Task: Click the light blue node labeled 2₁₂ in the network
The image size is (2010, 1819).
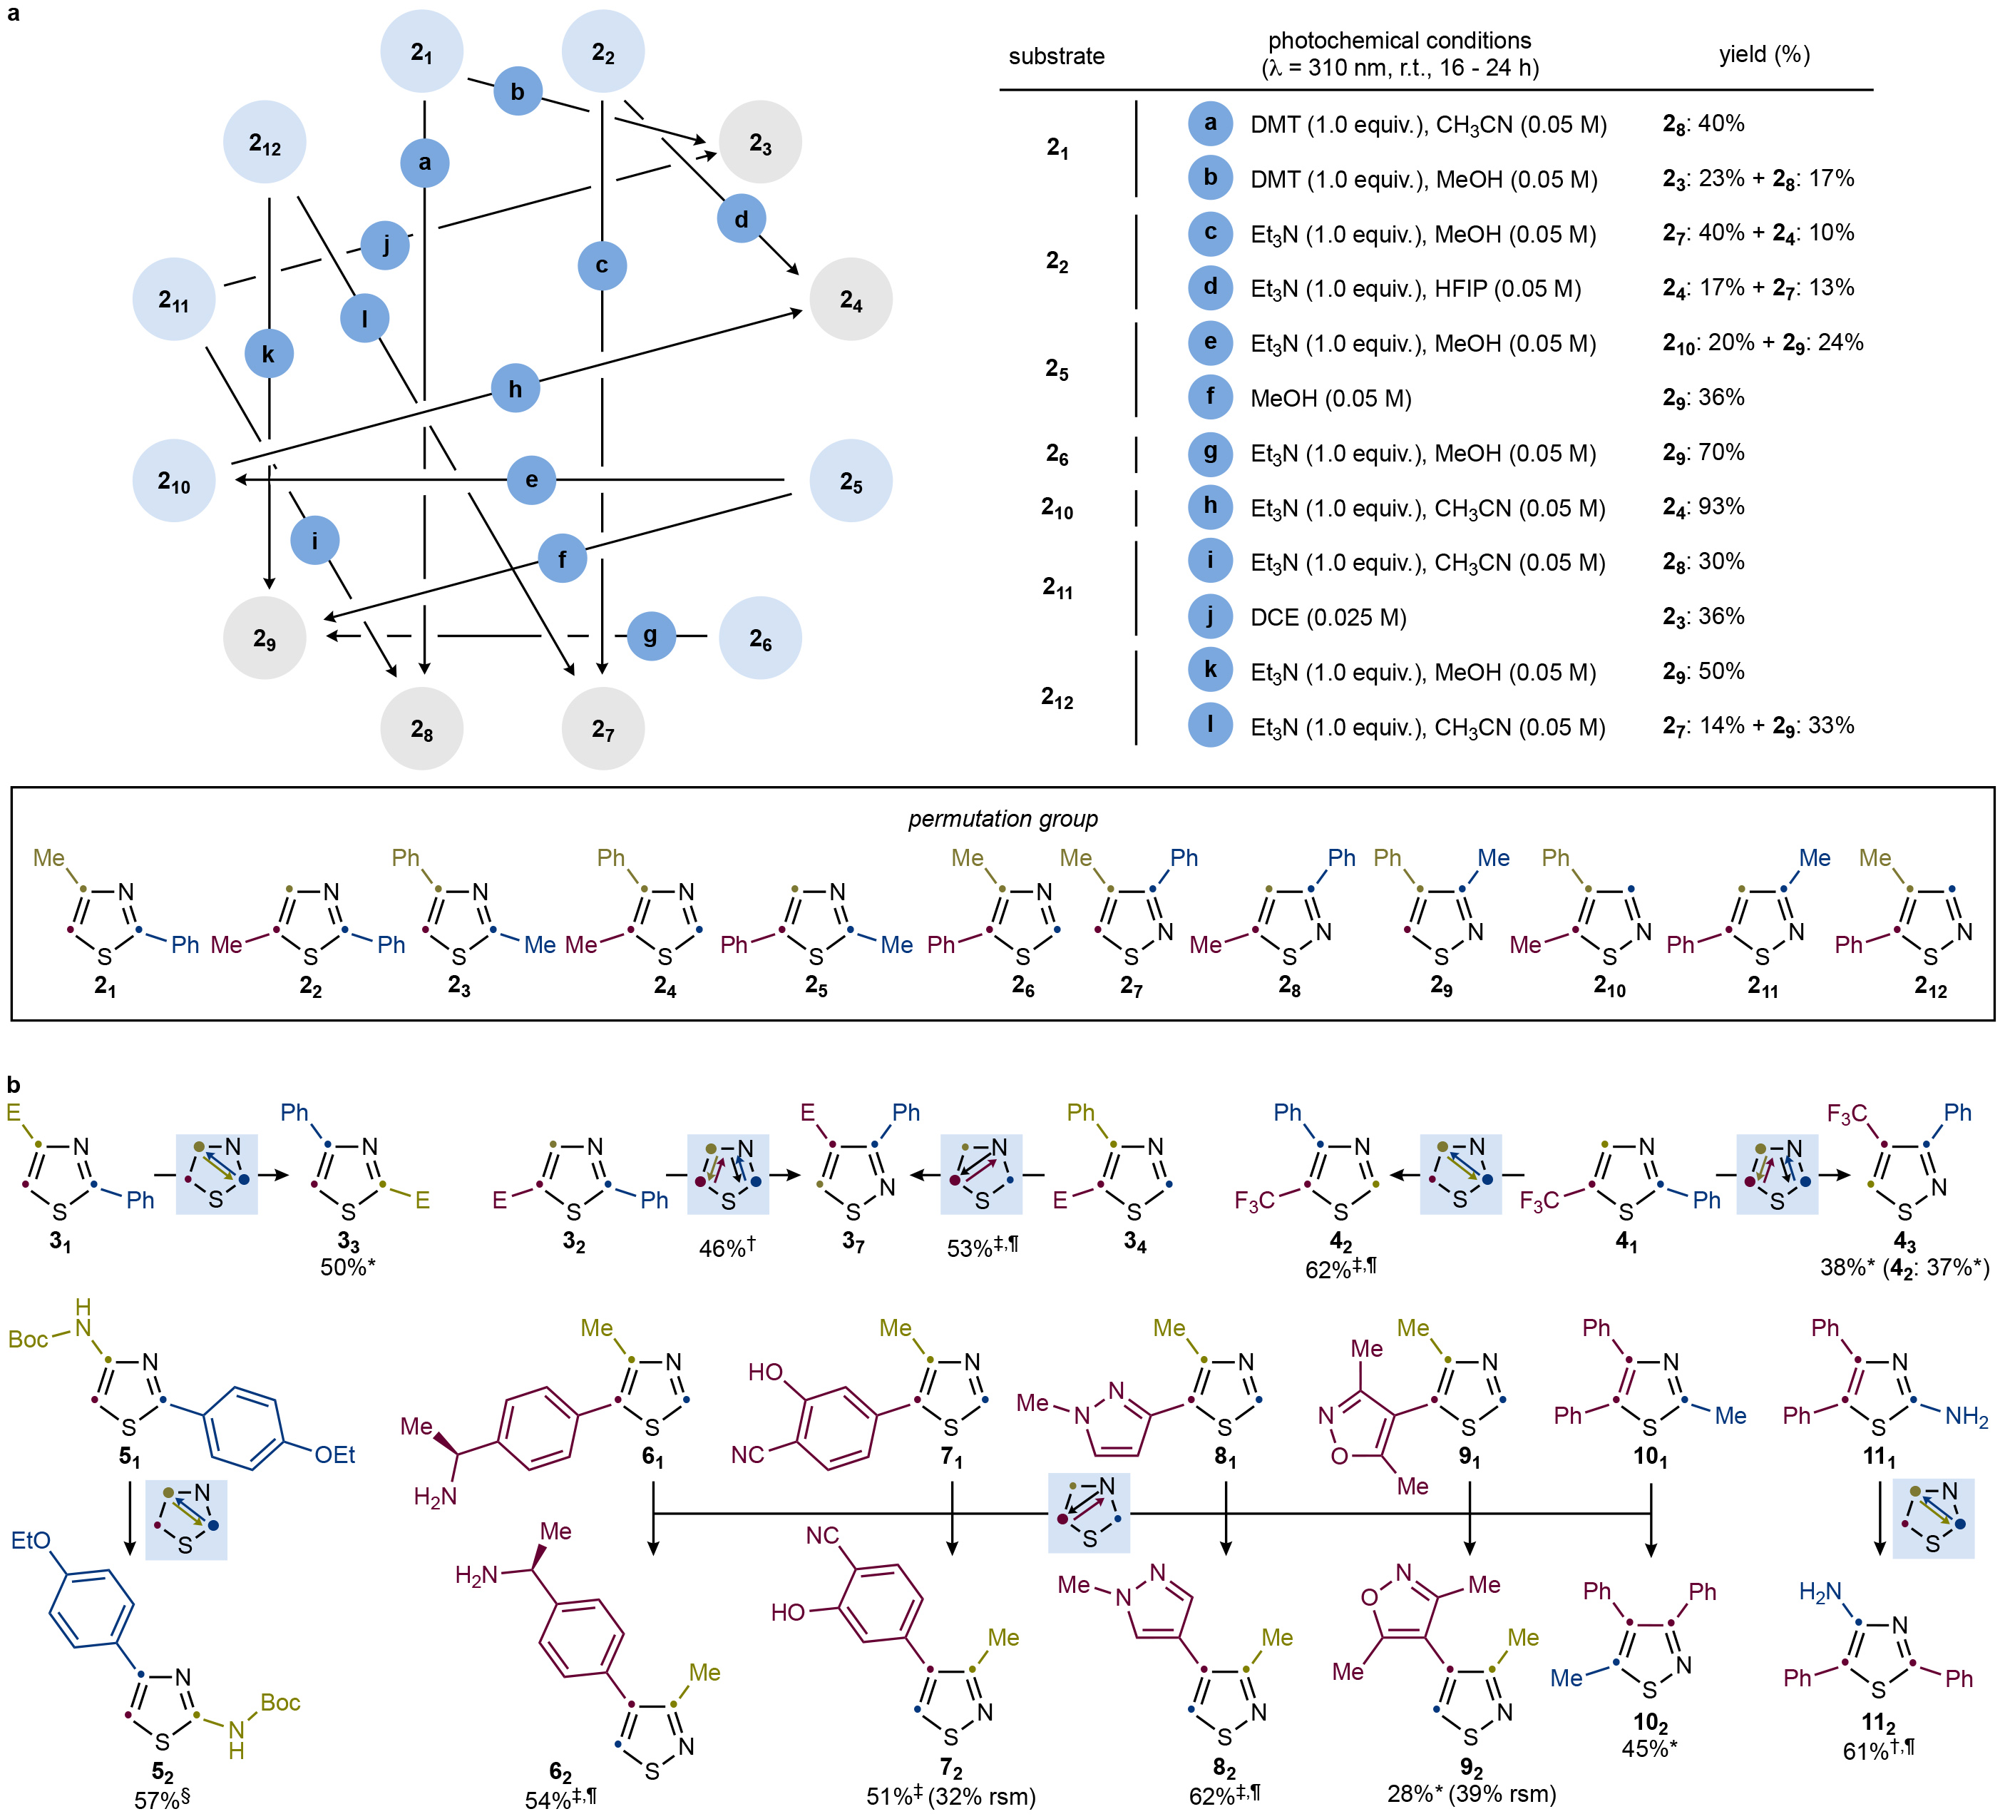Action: [x=265, y=143]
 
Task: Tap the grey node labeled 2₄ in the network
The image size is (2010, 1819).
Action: [x=851, y=299]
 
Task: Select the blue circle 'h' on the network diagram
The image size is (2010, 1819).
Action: [x=516, y=388]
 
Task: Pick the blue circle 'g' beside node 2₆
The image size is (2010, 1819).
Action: [x=651, y=636]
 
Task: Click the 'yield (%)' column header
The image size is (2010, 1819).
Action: [x=1764, y=55]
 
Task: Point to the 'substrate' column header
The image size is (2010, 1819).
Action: [x=1056, y=56]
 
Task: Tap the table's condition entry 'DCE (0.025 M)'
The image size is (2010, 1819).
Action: [x=1328, y=617]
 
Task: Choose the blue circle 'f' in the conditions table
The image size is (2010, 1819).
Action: [x=1211, y=397]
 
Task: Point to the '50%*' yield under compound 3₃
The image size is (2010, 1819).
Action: [x=348, y=1266]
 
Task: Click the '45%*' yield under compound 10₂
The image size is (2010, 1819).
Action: [x=1649, y=1749]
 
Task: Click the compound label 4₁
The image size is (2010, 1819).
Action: [x=1626, y=1243]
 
